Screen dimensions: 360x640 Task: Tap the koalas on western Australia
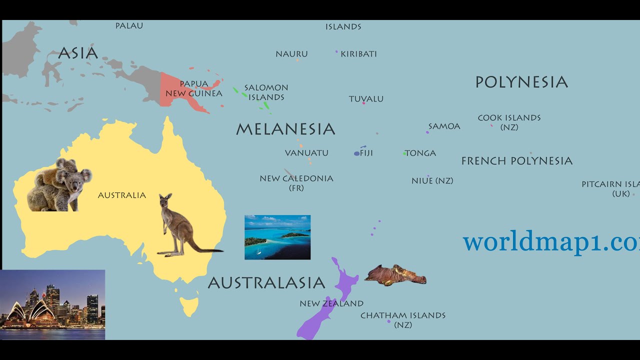[x=60, y=185]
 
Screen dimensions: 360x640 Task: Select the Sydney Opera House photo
[x=52, y=305]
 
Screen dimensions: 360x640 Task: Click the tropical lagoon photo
[x=277, y=237]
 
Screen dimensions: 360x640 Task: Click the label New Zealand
[x=331, y=303]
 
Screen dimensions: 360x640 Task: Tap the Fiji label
[x=366, y=153]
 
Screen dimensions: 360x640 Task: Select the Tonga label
[x=420, y=153]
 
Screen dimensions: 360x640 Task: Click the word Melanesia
[x=285, y=129]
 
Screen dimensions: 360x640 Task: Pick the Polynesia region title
[x=521, y=82]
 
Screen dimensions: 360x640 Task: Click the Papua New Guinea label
[x=194, y=88]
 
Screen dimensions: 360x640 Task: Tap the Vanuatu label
[x=306, y=153]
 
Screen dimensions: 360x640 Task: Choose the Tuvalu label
[x=366, y=99]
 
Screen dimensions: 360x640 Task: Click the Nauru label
[x=291, y=54]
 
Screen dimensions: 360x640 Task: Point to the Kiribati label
[x=358, y=54]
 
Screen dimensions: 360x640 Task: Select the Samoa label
[x=444, y=126]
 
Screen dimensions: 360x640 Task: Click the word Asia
[x=78, y=53]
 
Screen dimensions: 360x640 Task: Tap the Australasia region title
[x=266, y=283]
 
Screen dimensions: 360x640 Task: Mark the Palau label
[x=129, y=25]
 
